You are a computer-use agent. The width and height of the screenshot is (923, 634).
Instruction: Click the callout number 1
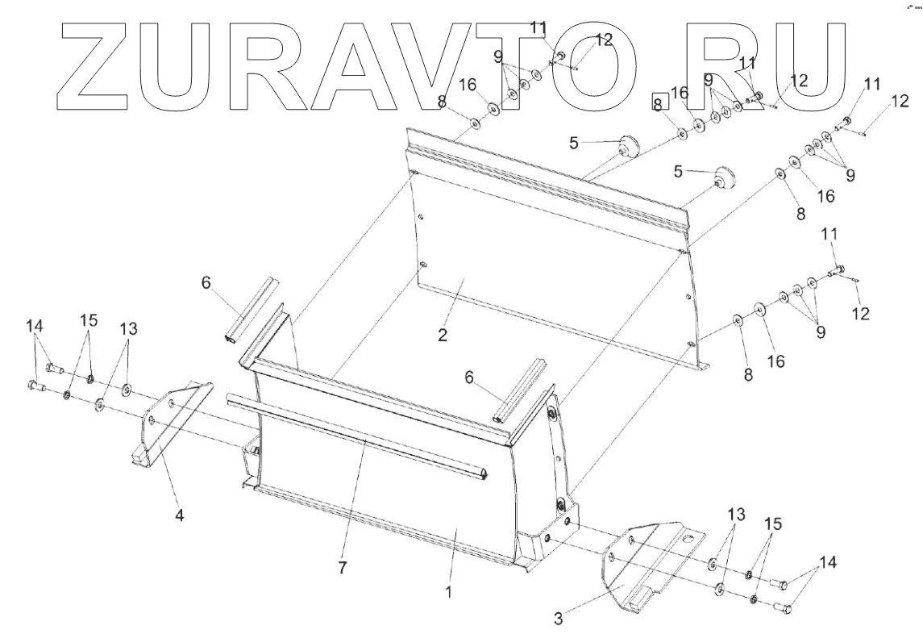tap(448, 592)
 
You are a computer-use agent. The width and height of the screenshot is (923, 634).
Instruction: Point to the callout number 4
tap(180, 515)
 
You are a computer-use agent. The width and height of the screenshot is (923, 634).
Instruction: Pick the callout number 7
tap(342, 568)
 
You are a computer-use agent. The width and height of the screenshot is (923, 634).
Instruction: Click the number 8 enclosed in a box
tap(658, 103)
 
